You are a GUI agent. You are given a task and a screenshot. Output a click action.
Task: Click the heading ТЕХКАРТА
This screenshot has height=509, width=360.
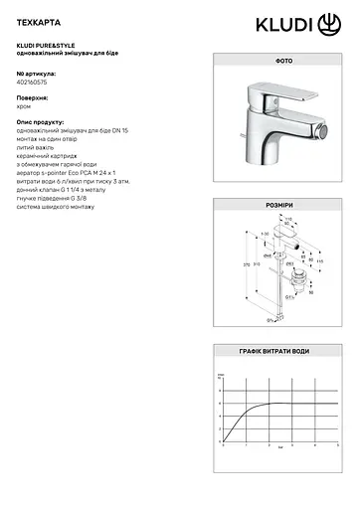37,20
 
